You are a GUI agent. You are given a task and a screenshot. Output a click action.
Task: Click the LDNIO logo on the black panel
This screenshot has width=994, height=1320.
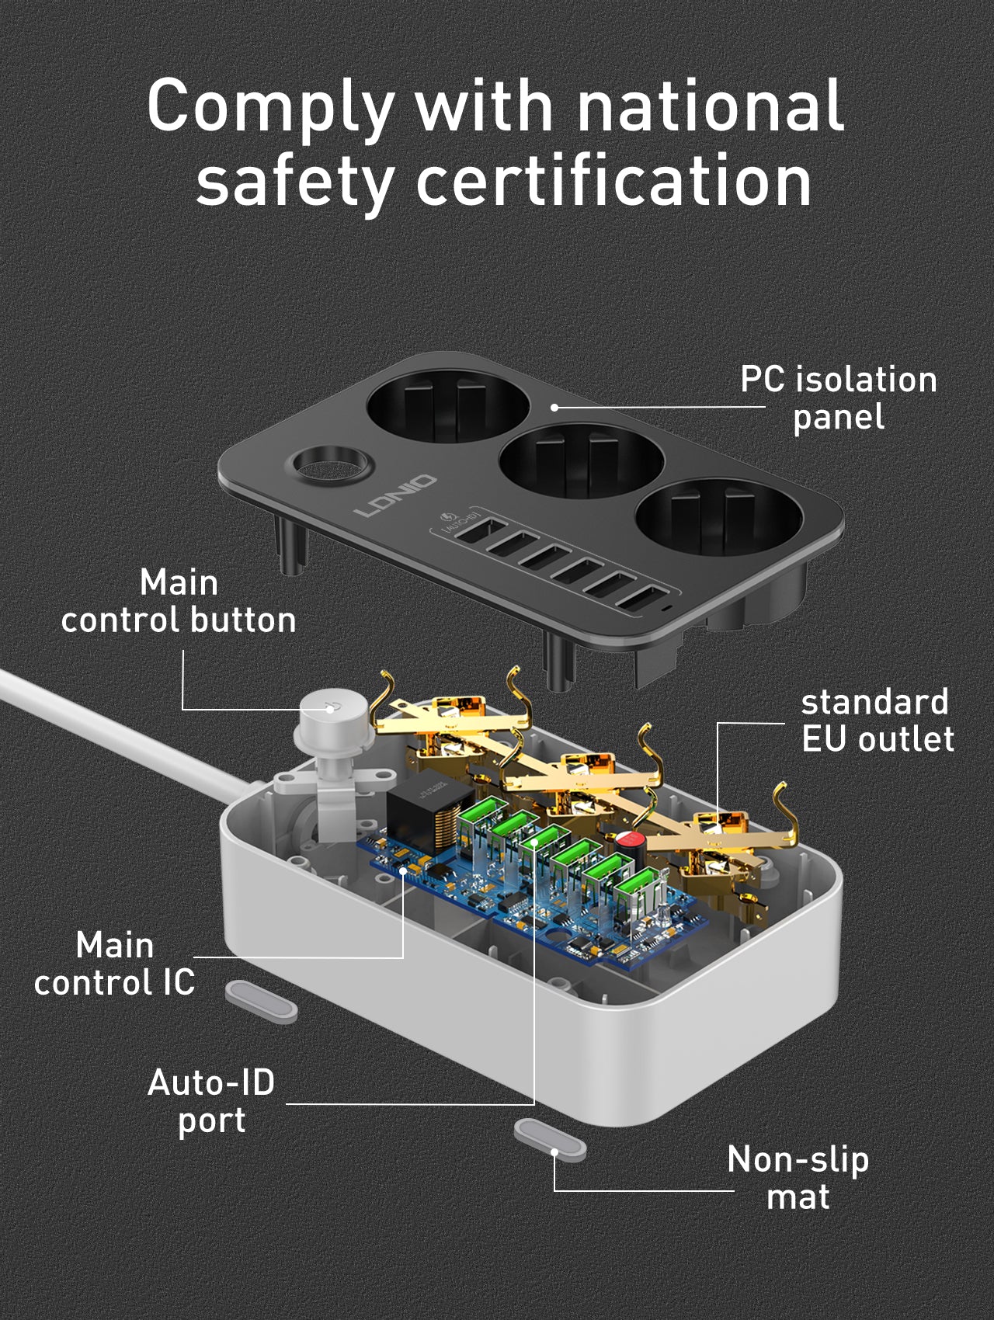[x=395, y=497]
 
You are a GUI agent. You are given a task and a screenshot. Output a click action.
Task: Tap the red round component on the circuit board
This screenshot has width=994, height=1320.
[x=631, y=840]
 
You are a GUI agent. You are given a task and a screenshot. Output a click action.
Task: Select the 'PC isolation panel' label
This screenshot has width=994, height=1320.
[x=838, y=398]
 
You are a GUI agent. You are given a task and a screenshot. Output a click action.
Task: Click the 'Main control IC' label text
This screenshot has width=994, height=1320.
[x=115, y=964]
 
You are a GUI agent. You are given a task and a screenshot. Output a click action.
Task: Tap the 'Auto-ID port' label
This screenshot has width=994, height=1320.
[x=211, y=1101]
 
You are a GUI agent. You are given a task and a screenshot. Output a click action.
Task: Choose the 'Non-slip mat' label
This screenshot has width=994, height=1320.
[x=798, y=1178]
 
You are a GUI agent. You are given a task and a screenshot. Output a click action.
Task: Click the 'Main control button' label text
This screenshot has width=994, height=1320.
[x=179, y=602]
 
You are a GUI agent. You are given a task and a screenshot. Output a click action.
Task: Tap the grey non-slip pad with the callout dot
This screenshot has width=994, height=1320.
[x=550, y=1140]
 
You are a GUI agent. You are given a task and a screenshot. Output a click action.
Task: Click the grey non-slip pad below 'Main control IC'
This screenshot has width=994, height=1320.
[x=261, y=1001]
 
